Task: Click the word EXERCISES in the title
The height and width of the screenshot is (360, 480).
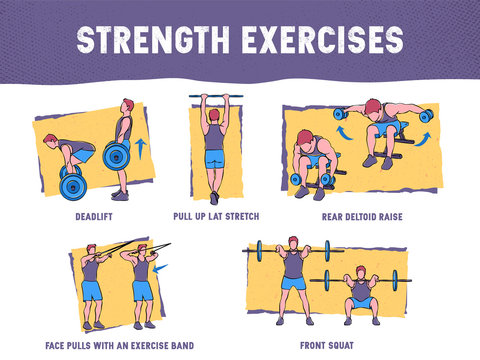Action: pos(313,39)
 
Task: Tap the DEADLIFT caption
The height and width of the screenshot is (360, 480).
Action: pos(93,215)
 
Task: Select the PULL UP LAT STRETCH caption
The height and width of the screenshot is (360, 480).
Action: pos(215,215)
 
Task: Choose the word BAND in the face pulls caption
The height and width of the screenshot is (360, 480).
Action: pos(178,345)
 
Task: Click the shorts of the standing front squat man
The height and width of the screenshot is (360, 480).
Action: pos(293,283)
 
